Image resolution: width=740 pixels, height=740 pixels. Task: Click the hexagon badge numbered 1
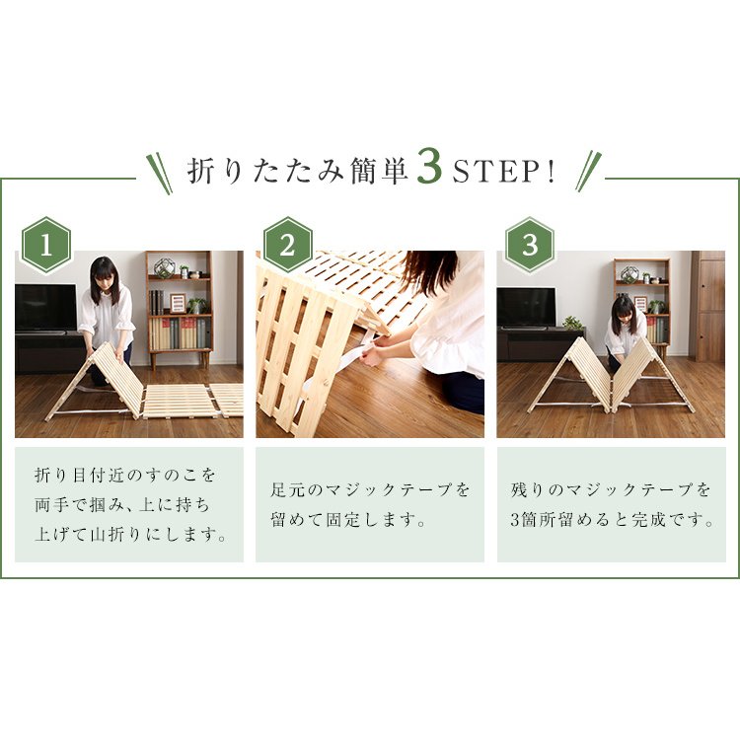tap(45, 245)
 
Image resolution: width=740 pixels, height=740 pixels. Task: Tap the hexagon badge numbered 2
tap(287, 245)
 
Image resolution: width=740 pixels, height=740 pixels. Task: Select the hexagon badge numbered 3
tap(530, 245)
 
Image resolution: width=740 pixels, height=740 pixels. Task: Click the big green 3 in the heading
tap(429, 169)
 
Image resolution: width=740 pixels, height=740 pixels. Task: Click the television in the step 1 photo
tap(45, 308)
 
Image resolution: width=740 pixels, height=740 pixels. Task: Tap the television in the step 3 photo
tap(526, 308)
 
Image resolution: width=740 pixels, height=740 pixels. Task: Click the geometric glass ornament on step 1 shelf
tap(164, 268)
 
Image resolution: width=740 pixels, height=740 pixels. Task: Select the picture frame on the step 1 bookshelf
tap(178, 303)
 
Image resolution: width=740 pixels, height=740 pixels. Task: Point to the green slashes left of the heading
tap(159, 173)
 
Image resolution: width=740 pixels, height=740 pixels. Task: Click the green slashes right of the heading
tap(588, 172)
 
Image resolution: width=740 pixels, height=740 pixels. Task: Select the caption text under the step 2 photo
tap(370, 504)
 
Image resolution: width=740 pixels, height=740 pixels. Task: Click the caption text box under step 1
tap(129, 504)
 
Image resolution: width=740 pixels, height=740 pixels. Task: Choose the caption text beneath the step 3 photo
tap(612, 504)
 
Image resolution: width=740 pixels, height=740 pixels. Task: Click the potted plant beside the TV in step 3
tap(572, 323)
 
